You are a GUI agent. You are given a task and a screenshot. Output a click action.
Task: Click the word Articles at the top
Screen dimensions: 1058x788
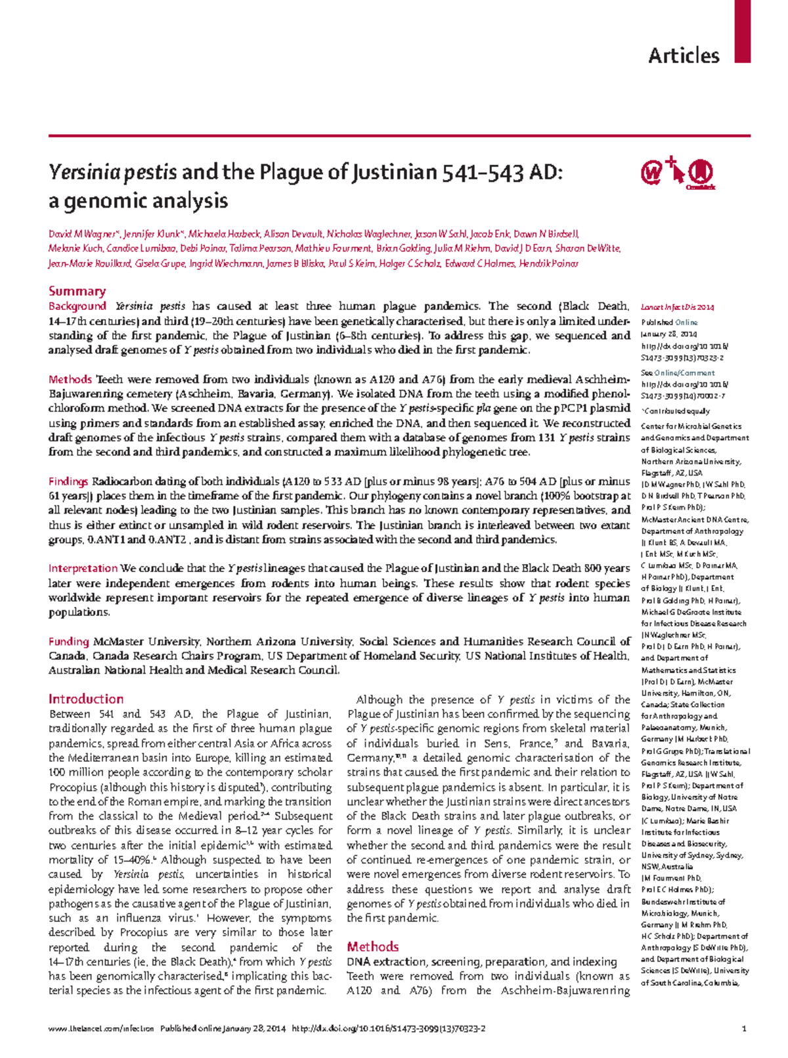point(684,56)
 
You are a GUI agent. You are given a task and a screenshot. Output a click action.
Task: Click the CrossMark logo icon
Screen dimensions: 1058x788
point(701,174)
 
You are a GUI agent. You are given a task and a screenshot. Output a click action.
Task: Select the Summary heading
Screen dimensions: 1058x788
point(77,291)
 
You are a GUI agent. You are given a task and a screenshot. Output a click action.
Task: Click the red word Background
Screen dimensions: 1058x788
point(77,306)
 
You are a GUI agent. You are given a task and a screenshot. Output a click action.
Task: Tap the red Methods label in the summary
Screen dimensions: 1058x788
point(70,379)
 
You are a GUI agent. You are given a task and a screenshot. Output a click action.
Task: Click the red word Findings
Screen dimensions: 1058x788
point(68,481)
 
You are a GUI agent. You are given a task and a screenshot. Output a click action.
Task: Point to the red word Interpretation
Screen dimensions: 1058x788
point(83,568)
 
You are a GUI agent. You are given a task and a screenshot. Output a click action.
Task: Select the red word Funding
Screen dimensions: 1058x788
point(68,642)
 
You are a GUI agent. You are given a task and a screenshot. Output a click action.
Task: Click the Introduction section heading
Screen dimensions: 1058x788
point(86,699)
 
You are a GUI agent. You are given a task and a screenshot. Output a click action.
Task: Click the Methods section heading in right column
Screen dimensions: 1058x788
point(372,946)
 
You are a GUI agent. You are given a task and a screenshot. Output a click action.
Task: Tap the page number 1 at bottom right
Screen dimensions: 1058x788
point(743,1029)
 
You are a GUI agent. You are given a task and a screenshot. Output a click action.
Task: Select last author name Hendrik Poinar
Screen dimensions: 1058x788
point(548,263)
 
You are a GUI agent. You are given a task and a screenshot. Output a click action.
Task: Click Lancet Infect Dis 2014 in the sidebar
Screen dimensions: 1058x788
point(677,307)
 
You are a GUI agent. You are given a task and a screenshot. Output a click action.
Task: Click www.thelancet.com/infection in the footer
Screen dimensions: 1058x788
point(100,1029)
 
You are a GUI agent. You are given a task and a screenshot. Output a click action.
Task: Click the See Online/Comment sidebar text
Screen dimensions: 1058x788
point(678,372)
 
